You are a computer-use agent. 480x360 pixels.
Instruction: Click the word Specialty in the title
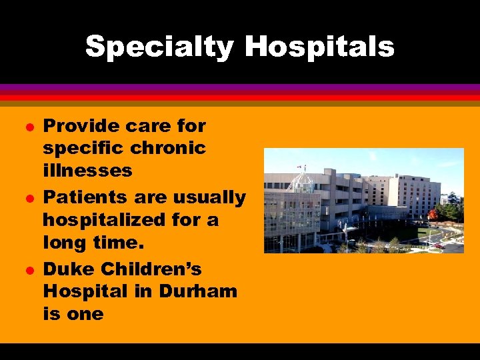tap(159, 47)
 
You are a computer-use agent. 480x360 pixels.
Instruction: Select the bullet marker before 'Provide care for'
tap(27, 126)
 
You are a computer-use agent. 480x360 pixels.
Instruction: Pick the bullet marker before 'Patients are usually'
tap(27, 198)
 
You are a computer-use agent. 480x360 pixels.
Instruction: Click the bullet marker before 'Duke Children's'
tap(27, 270)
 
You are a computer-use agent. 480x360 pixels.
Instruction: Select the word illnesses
tap(87, 170)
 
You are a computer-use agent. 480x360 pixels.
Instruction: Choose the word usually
tap(209, 198)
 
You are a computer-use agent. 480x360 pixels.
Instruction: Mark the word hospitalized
tap(103, 219)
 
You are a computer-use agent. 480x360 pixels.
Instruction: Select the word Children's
tap(158, 269)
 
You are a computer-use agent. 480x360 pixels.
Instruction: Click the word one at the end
tap(85, 314)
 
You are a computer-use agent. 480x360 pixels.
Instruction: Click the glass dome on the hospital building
tap(303, 181)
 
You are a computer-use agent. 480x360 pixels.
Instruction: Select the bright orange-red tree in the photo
tap(433, 215)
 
